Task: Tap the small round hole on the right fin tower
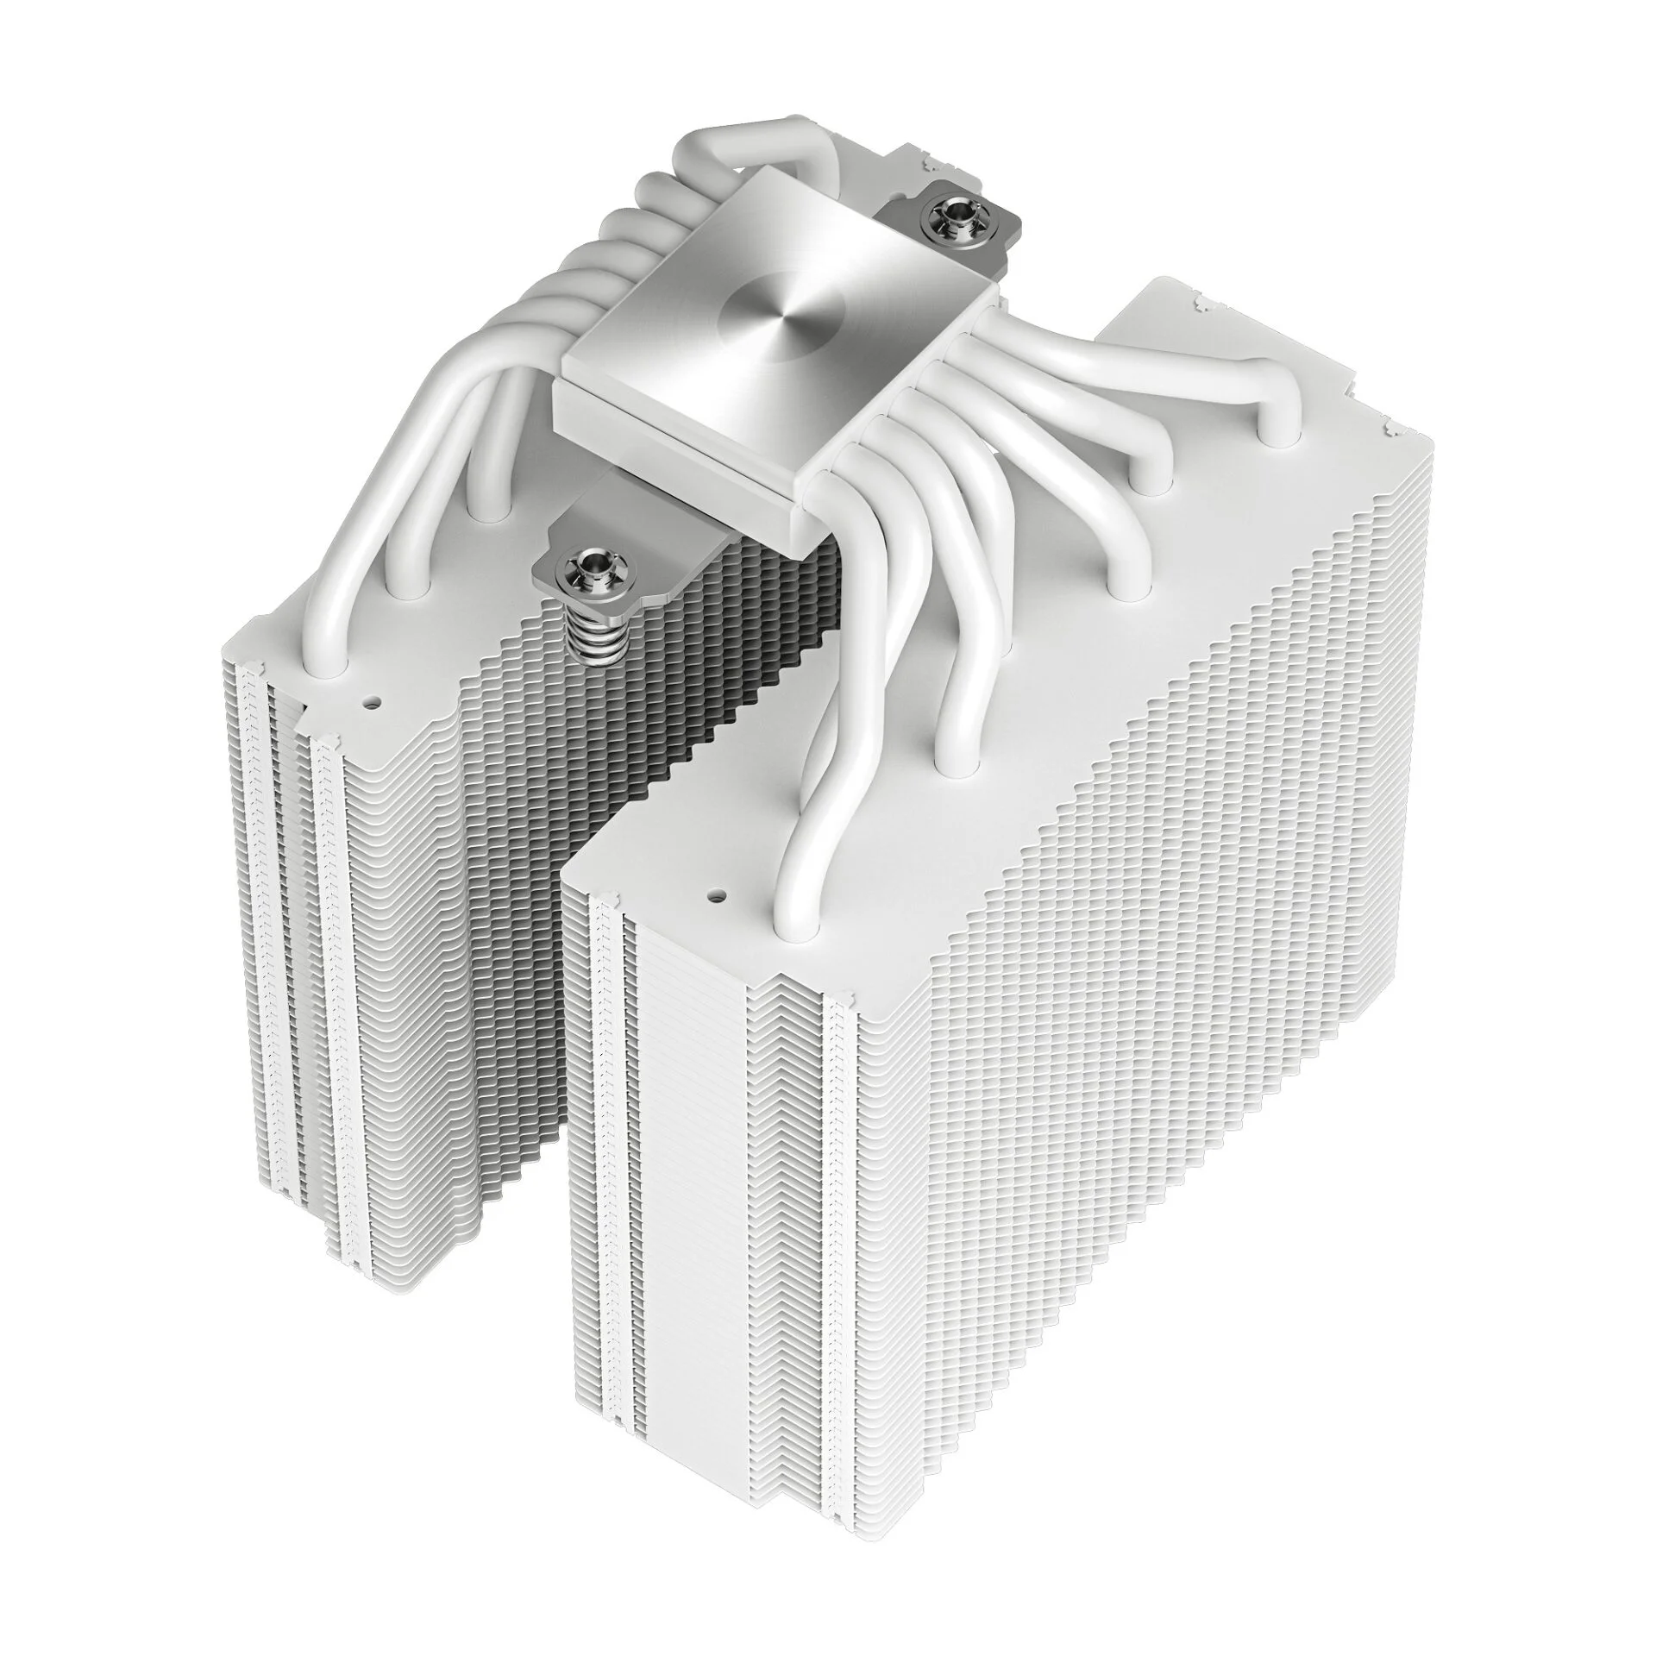[714, 897]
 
